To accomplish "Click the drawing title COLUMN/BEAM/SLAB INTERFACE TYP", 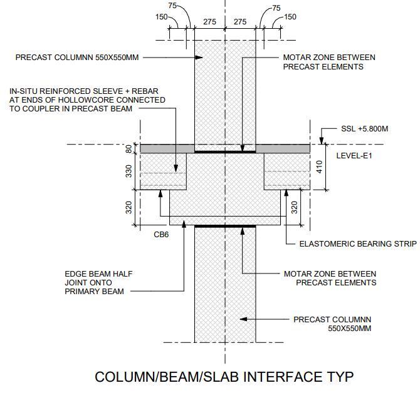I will (x=224, y=377).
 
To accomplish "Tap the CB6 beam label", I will (x=161, y=235).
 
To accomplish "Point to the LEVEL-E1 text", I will (x=354, y=155).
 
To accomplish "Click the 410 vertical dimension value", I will (x=319, y=166).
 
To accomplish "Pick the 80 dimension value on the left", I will (x=130, y=149).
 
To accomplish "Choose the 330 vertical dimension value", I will (x=130, y=171).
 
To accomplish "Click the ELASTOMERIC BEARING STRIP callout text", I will (x=352, y=244).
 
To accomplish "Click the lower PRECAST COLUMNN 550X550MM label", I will (x=332, y=324).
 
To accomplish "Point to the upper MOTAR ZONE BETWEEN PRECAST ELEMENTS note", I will (x=329, y=62).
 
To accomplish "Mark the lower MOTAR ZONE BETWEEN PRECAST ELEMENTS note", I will (x=330, y=278).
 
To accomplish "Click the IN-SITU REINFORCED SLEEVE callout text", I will (x=87, y=100).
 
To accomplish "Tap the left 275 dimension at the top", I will (x=209, y=22).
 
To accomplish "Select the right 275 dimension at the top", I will (x=241, y=22).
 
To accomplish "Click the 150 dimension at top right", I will (x=290, y=17).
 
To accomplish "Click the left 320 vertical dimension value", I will (x=130, y=208).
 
